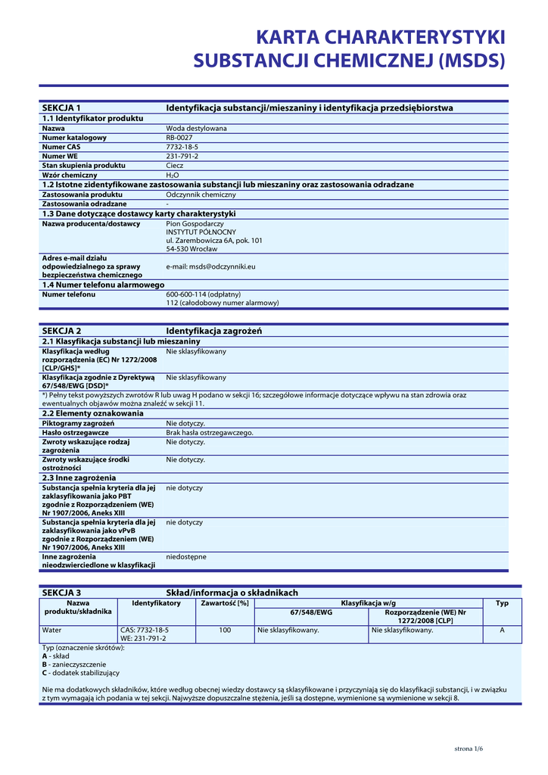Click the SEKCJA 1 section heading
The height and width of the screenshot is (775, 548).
(x=61, y=108)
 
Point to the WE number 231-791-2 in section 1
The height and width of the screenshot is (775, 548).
(x=182, y=156)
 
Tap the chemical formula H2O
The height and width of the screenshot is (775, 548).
(x=173, y=175)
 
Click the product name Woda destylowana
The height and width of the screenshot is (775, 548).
(x=196, y=129)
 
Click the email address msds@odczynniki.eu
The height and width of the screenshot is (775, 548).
(x=210, y=266)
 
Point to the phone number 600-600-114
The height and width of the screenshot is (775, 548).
(x=185, y=294)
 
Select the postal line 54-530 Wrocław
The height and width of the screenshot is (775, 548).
(x=191, y=249)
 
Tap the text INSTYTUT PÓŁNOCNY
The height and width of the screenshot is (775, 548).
(x=201, y=232)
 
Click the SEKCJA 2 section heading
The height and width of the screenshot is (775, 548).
(x=61, y=331)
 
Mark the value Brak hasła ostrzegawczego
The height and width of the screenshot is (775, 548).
(x=210, y=433)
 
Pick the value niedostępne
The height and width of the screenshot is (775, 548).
(x=186, y=556)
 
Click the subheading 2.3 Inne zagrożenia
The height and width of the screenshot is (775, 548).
(x=79, y=478)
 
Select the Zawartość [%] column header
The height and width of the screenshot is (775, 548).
(x=225, y=603)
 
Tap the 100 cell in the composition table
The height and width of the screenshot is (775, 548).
(x=225, y=630)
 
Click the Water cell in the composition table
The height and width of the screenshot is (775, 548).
(x=52, y=630)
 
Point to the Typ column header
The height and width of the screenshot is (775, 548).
(x=502, y=603)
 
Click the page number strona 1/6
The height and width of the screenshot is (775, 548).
(x=468, y=749)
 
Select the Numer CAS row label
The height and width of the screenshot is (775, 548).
(x=61, y=147)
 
